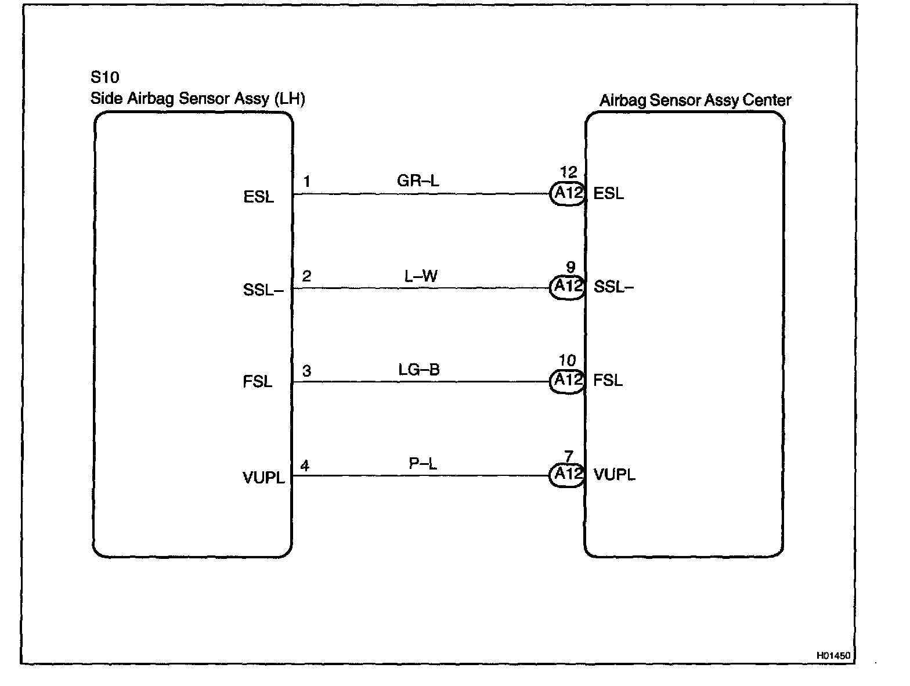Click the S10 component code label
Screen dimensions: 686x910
coord(105,78)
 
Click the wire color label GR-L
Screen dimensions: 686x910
coord(418,181)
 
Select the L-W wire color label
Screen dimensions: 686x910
coord(421,276)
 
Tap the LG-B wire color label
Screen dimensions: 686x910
coord(419,370)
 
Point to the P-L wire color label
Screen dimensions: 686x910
coord(423,464)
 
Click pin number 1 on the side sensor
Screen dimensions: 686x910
coord(306,182)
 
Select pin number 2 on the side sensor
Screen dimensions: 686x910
coord(306,276)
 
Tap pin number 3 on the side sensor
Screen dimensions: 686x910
coord(306,370)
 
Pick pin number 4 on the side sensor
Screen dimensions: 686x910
coord(305,465)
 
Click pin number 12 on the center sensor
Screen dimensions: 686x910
coord(569,172)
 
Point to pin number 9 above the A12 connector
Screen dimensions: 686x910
coord(570,267)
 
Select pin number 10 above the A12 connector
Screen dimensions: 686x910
coord(568,361)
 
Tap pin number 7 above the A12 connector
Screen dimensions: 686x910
coord(569,456)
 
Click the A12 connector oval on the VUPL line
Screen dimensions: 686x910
coord(568,474)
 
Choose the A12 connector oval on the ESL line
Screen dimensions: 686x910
coord(568,193)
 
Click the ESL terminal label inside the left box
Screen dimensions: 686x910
coord(259,197)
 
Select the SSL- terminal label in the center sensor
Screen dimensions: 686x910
coord(613,287)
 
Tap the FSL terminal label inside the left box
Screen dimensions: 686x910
coord(258,382)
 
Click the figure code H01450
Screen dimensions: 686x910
coord(833,655)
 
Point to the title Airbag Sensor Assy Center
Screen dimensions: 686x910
coord(695,100)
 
